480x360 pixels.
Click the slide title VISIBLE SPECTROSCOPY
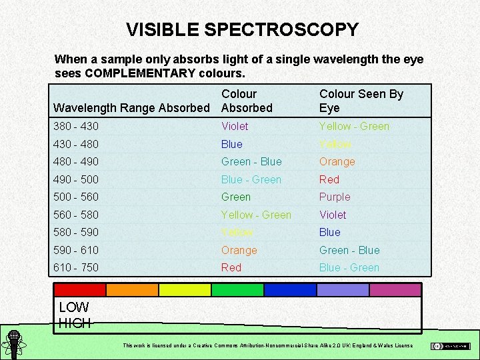point(242,30)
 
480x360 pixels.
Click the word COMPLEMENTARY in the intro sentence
point(140,73)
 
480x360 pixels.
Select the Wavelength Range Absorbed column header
point(131,108)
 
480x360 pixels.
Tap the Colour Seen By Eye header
point(361,101)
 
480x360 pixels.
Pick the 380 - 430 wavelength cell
point(75,126)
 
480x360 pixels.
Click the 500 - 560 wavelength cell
point(75,197)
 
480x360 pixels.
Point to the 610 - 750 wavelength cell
point(75,267)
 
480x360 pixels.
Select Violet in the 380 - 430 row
point(235,126)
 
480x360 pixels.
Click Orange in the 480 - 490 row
point(337,161)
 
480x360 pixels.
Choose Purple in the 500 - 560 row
point(334,197)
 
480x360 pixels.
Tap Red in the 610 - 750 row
point(231,267)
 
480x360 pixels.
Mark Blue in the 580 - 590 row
point(329,232)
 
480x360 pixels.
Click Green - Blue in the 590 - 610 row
point(349,250)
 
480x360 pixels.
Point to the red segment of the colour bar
point(79,289)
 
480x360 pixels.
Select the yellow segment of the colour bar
point(185,289)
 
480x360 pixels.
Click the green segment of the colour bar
point(237,289)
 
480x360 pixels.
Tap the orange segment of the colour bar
point(132,289)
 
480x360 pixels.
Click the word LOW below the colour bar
point(74,308)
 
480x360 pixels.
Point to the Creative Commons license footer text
point(267,345)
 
